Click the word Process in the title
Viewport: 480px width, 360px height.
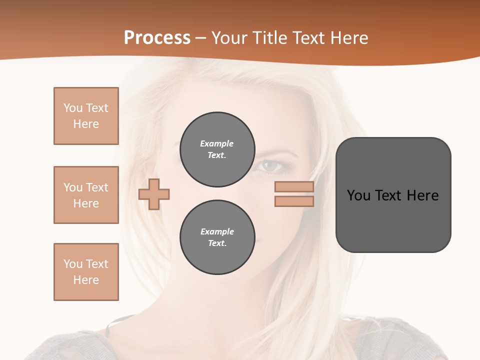[157, 38]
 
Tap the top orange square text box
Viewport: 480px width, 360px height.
[86, 116]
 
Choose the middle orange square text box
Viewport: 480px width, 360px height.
[86, 195]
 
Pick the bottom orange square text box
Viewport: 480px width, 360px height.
[86, 272]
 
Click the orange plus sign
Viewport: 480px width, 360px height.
[154, 194]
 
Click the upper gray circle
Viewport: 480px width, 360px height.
[217, 149]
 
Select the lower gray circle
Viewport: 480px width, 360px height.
[217, 237]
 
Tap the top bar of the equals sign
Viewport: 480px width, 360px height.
[294, 187]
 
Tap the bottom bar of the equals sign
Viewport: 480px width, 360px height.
[294, 201]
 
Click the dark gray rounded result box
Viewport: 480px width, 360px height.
[393, 195]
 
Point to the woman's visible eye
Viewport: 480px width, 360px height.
[270, 165]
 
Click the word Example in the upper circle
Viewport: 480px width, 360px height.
[216, 143]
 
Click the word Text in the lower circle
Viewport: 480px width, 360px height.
[216, 243]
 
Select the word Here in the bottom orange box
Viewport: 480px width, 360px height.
[86, 280]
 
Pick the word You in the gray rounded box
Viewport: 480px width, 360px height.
[358, 195]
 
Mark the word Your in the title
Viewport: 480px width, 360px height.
[229, 38]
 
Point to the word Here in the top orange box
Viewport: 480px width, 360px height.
[86, 124]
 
